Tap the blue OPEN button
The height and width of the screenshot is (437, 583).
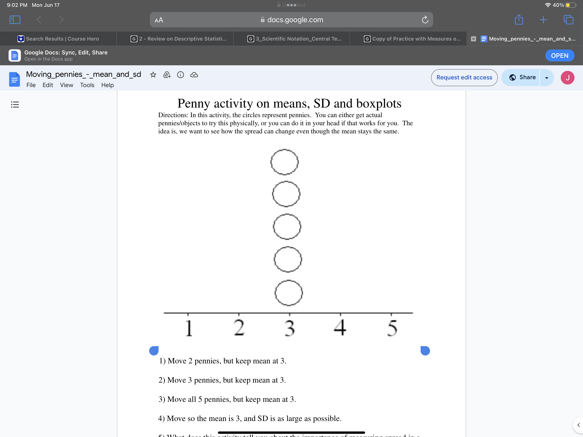559,56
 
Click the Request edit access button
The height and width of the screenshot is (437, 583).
464,77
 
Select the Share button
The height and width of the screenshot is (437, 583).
523,77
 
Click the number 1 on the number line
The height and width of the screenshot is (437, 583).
188,328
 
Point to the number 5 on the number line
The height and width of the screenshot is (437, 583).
392,328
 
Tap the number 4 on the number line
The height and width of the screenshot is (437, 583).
340,327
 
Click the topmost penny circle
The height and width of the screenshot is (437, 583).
284,162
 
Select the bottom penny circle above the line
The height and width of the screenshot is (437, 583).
289,293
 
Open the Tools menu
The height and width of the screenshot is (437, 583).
87,85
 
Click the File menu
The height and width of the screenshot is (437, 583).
31,85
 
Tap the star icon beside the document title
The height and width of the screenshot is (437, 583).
153,75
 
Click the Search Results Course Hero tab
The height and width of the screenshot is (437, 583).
58,39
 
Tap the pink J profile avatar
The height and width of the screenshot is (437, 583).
567,78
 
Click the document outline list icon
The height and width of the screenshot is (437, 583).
15,105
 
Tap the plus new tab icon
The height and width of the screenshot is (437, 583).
543,20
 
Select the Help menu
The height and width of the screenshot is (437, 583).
107,85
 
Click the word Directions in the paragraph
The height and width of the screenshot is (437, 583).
173,115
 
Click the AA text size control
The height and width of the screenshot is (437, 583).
159,20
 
